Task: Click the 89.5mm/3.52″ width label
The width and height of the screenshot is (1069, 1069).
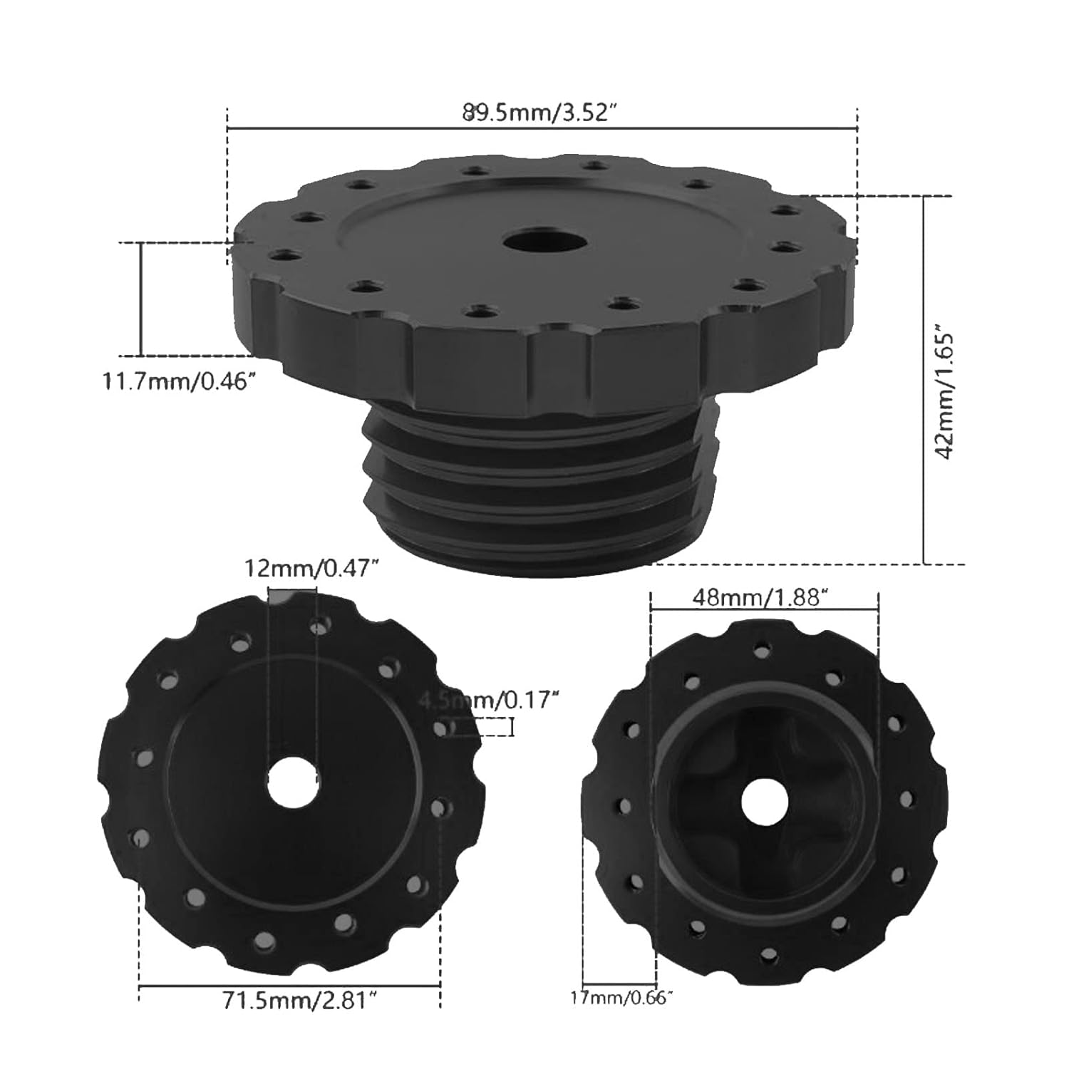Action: click(x=539, y=113)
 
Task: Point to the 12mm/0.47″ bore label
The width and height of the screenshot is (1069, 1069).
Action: click(x=310, y=569)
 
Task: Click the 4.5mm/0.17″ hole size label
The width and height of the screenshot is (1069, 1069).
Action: click(x=487, y=701)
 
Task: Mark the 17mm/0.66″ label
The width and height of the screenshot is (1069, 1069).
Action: click(x=621, y=998)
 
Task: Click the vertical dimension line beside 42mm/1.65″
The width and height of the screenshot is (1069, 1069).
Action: click(x=924, y=378)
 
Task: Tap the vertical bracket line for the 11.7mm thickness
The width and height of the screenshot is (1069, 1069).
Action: click(x=141, y=299)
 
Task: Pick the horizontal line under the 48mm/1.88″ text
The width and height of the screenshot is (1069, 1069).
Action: click(x=764, y=609)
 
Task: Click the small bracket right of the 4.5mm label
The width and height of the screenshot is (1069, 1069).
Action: click(x=511, y=727)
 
